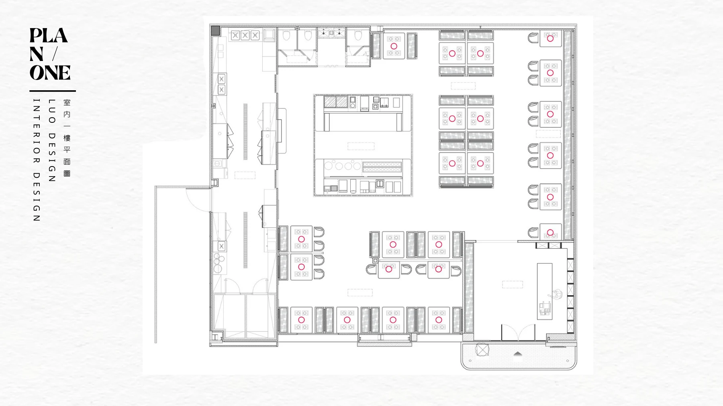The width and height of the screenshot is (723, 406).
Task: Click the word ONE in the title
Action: (x=50, y=73)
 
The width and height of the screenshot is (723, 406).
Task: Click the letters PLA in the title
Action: (x=49, y=35)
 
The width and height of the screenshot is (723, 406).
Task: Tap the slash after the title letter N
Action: (x=55, y=54)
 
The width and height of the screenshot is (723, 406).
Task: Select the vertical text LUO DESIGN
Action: (x=52, y=140)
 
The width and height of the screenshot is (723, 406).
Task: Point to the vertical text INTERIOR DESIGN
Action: (x=37, y=160)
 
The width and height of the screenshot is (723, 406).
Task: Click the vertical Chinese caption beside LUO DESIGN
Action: (x=67, y=138)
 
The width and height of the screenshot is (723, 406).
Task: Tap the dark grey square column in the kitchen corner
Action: (x=216, y=30)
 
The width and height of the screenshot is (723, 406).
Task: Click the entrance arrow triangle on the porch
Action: (x=518, y=353)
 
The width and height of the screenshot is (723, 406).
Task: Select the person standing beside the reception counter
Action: (x=557, y=295)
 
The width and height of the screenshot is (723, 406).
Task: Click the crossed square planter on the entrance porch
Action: (x=482, y=349)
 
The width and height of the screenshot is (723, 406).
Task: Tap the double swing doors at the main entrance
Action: (x=518, y=333)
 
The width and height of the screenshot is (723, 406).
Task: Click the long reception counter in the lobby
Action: (x=545, y=291)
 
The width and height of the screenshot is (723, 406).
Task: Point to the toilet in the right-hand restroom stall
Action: (x=358, y=37)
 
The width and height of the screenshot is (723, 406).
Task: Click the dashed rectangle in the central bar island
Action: (x=361, y=146)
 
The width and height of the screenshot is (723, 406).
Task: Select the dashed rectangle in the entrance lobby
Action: (x=513, y=284)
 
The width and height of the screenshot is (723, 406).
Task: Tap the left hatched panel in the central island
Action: (x=330, y=101)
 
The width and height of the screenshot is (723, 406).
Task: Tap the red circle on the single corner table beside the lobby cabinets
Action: (x=550, y=233)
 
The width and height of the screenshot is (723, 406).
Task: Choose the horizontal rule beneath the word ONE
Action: (x=53, y=91)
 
